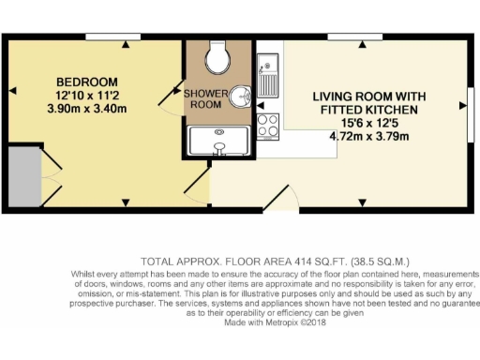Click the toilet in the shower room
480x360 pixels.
tap(219, 59)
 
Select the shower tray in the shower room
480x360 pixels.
tap(219, 141)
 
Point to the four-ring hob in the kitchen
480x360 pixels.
tap(268, 126)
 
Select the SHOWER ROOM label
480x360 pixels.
tap(203, 98)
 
